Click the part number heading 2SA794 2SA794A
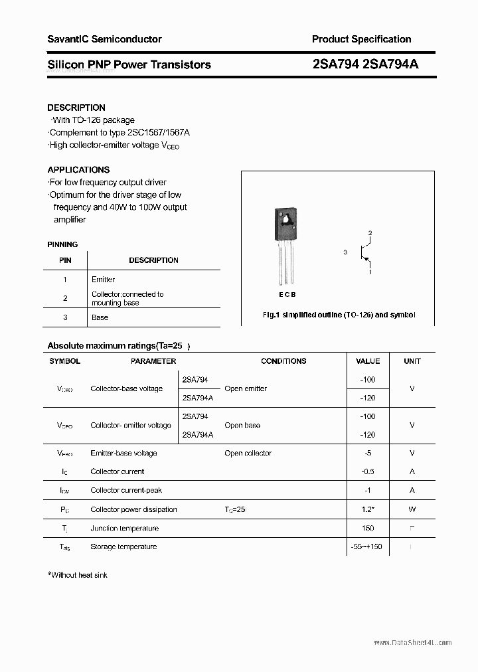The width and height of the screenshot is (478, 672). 365,64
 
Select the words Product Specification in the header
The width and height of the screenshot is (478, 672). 361,39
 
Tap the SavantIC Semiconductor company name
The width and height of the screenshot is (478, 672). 104,39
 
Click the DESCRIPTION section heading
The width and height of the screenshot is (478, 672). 76,108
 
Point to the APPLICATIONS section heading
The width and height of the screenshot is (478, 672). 78,169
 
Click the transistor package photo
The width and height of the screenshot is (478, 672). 283,246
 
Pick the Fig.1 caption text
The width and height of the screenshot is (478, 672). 339,315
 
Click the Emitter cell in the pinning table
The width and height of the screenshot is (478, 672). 103,280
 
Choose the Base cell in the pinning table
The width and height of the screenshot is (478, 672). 100,317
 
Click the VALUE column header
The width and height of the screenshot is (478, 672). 368,361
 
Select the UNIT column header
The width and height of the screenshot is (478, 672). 412,361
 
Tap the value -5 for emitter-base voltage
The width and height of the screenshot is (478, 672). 368,453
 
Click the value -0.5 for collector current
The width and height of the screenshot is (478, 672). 368,471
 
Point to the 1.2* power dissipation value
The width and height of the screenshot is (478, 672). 368,509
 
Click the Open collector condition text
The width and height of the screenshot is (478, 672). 248,453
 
